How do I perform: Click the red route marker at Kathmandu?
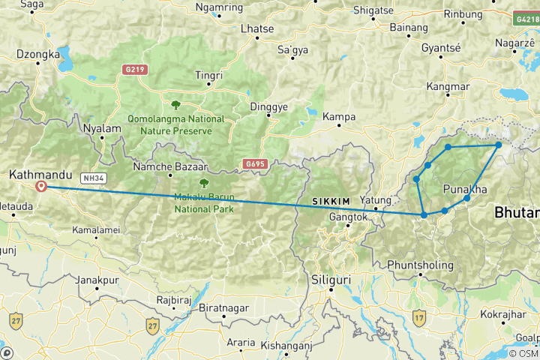pyautogui.click(x=41, y=187)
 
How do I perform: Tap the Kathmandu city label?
pyautogui.click(x=38, y=174)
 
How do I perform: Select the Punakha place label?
pyautogui.click(x=466, y=188)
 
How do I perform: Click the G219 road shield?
pyautogui.click(x=134, y=70)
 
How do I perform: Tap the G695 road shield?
pyautogui.click(x=255, y=163)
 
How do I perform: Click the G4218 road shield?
pyautogui.click(x=526, y=16)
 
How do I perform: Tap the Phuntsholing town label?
pyautogui.click(x=421, y=265)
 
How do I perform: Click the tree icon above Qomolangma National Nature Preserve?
pyautogui.click(x=176, y=105)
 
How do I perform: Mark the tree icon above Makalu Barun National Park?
pyautogui.click(x=202, y=182)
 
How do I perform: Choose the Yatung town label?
pyautogui.click(x=376, y=200)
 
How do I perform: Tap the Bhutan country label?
pyautogui.click(x=517, y=213)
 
